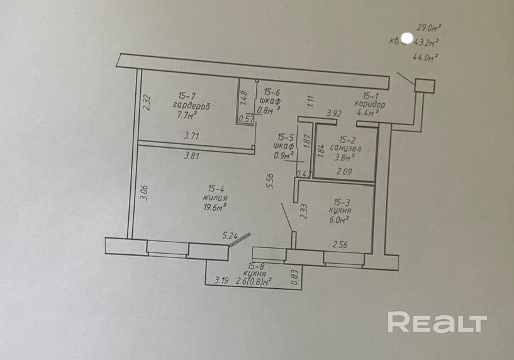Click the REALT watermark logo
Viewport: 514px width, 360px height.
coord(437,322)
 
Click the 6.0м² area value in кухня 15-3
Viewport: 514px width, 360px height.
coord(339,220)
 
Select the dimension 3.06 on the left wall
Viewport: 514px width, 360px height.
coord(143,193)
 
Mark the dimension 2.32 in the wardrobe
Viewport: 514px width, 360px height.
coord(146,102)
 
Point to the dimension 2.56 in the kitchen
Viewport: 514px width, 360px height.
coord(340,244)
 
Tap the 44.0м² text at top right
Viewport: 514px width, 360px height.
coord(425,57)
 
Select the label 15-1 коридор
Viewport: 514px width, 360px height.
coord(369,101)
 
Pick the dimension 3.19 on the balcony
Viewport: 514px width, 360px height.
coord(221,280)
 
